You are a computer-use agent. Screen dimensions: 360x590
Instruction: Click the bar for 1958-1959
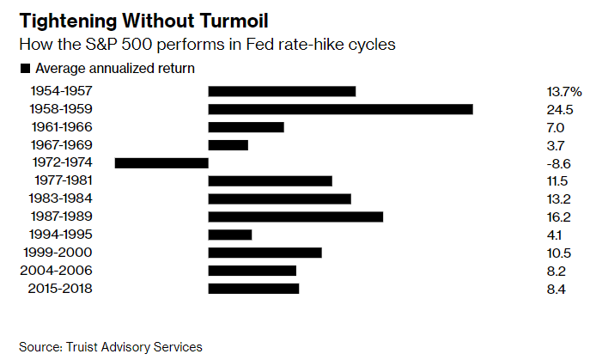[340, 109]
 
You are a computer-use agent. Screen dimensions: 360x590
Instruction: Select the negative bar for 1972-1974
[161, 162]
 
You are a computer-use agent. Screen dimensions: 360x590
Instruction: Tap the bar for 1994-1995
[229, 235]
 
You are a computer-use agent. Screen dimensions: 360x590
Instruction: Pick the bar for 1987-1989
[295, 217]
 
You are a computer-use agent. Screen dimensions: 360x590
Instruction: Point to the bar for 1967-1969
[228, 145]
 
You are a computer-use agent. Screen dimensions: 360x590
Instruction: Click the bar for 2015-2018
[253, 289]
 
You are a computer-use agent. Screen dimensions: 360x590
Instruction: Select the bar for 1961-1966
[246, 127]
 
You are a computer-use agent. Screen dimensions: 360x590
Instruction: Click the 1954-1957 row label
[61, 91]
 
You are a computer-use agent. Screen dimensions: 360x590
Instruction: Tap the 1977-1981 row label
[64, 180]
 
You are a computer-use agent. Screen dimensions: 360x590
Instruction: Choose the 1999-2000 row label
[60, 253]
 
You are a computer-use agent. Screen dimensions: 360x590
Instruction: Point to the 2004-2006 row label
[60, 271]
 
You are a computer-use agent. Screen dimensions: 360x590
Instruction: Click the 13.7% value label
[564, 91]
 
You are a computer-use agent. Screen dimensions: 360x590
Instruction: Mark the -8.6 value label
[559, 162]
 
